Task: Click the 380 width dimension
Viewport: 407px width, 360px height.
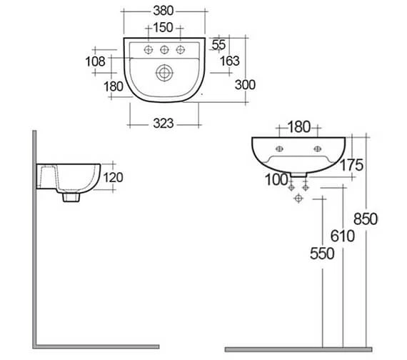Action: click(x=164, y=11)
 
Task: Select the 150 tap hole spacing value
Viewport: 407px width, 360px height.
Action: click(x=163, y=28)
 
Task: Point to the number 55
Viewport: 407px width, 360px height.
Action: click(x=218, y=44)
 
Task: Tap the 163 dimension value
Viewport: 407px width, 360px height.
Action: click(x=230, y=61)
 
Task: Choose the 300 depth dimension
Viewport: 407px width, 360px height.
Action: click(x=245, y=85)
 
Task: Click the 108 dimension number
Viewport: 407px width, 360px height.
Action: click(x=95, y=61)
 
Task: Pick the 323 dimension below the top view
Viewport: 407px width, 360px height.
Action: click(x=164, y=124)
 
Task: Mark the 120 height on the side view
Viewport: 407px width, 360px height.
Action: click(x=113, y=178)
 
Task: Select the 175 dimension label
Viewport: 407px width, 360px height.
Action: click(x=351, y=165)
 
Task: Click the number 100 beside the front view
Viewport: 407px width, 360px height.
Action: click(x=277, y=180)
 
